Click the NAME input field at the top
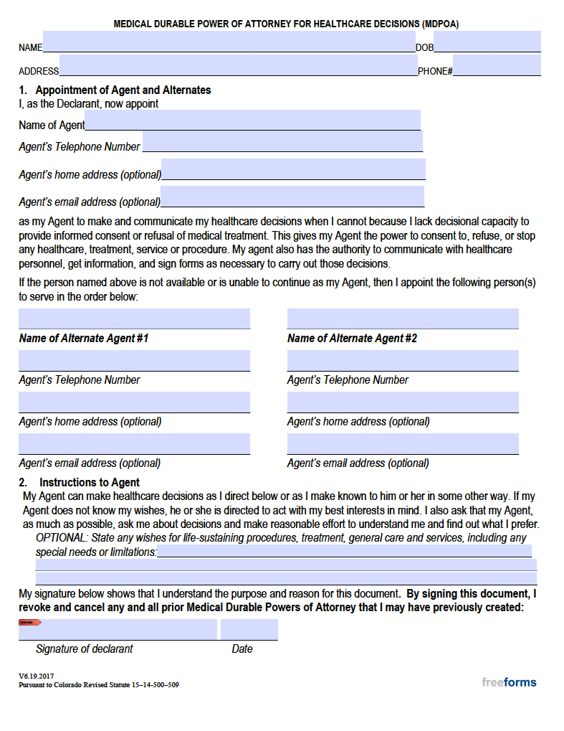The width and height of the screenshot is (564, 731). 229,42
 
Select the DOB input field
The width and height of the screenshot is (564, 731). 487,42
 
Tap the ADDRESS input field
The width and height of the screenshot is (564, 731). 238,66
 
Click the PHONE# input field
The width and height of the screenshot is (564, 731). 497,66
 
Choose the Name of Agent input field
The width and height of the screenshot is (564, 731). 252,121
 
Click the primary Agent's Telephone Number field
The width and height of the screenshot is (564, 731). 282,141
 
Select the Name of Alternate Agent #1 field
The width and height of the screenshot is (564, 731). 134,319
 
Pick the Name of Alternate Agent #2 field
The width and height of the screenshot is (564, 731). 403,319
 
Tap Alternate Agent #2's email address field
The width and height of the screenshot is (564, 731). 403,443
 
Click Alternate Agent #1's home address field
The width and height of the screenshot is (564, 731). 134,402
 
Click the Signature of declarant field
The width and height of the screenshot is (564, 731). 118,630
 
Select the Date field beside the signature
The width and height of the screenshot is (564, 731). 249,630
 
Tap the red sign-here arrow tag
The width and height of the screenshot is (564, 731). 30,622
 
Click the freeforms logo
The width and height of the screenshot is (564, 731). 509,682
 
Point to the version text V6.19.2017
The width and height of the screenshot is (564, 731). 36,676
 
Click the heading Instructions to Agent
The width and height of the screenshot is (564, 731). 90,482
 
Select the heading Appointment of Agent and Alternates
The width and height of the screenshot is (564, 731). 123,90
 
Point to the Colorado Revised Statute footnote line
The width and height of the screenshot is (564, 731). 99,685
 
